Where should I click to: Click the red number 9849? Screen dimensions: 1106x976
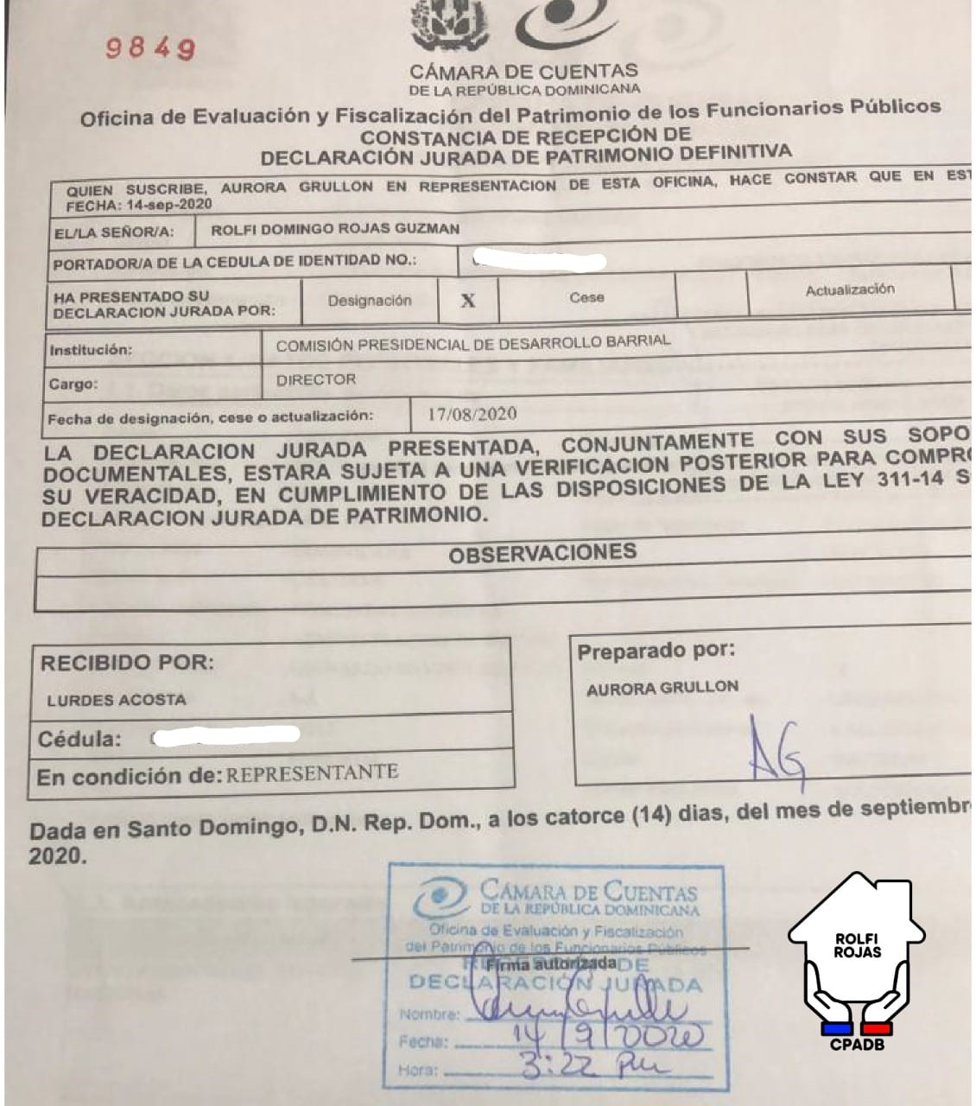coord(150,48)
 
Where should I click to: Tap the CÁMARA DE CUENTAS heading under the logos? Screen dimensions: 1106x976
coord(524,72)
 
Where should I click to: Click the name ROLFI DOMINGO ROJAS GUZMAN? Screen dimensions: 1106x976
coord(335,230)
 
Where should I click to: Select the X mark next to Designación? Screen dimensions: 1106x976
coord(468,300)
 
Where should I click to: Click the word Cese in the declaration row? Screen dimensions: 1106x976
coord(586,297)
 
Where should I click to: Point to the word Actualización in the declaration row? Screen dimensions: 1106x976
coord(850,290)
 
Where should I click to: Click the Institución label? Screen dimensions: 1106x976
coord(91,350)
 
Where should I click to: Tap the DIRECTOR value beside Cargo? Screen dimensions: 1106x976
coord(316,379)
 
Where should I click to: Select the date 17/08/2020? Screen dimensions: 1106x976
coord(472,414)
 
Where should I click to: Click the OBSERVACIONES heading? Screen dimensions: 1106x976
coord(542,553)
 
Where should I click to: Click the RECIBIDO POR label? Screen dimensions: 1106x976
coord(127,664)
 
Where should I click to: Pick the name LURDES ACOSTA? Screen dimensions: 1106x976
coord(117,700)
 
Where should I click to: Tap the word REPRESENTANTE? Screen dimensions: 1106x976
coord(312,772)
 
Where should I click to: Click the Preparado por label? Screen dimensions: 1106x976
coord(656,652)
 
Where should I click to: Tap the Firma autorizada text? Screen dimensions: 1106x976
coord(553,963)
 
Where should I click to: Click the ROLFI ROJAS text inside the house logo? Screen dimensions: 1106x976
coord(858,945)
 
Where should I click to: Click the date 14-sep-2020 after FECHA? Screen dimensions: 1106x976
coord(168,206)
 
